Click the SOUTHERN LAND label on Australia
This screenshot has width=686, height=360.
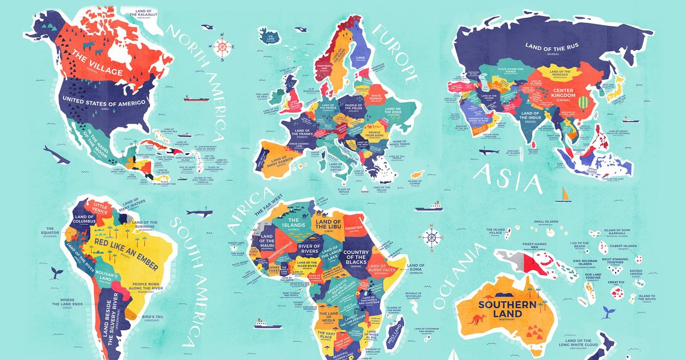pos(508,309)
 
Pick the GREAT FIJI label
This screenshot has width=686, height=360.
pos(616,282)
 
